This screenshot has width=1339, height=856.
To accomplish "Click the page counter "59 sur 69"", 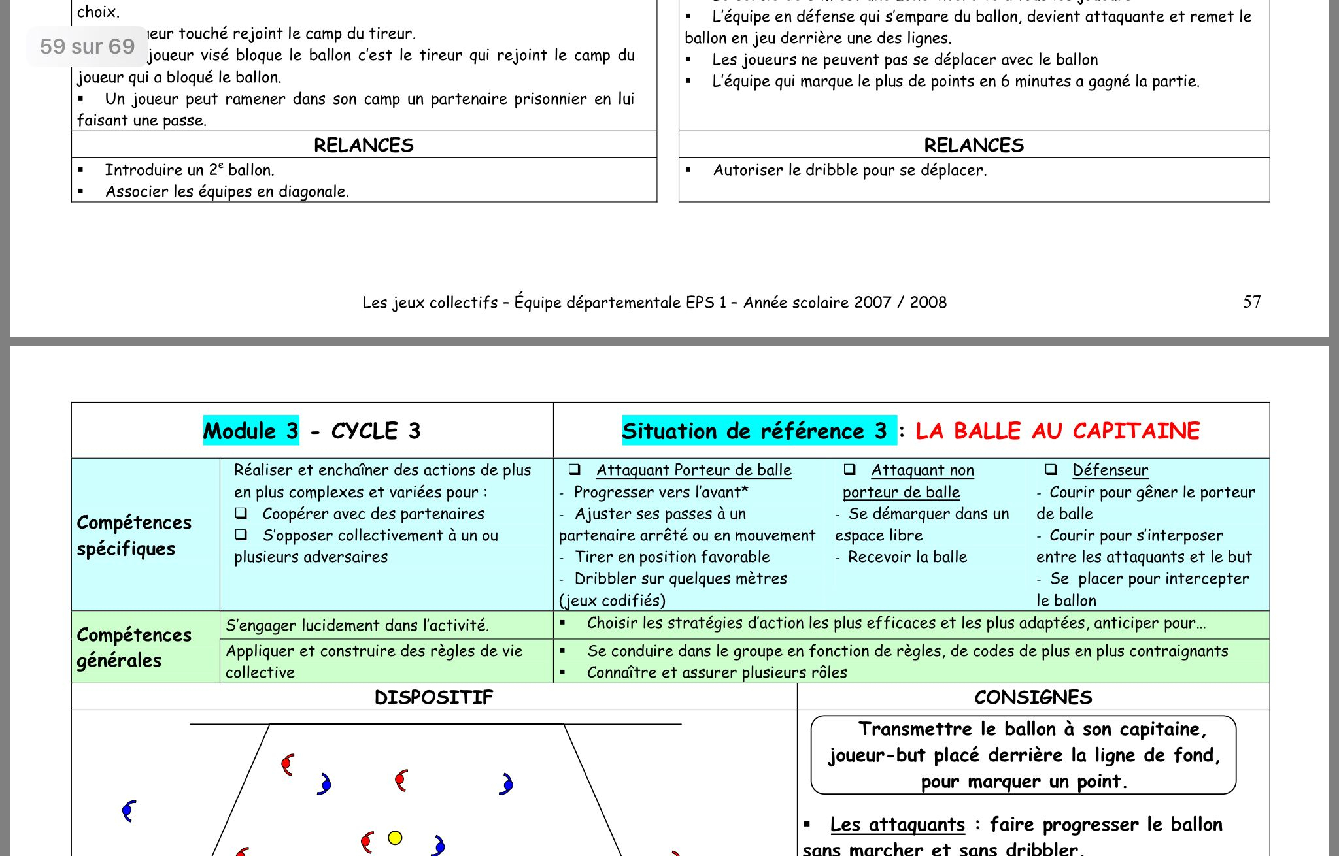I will click(87, 46).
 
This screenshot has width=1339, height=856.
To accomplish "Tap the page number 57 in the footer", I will click(1251, 302).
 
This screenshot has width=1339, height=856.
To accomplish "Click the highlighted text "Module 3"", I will click(251, 431).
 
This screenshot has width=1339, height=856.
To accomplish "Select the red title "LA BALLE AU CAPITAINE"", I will click(1057, 431).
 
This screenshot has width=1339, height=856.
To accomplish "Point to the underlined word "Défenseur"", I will click(1110, 470).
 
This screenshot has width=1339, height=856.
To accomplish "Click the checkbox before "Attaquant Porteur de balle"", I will click(575, 469).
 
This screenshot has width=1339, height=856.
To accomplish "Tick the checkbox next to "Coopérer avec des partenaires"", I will click(241, 513).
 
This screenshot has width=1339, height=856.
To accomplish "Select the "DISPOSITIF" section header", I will click(433, 697).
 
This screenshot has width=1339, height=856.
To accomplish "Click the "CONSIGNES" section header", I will click(1033, 697).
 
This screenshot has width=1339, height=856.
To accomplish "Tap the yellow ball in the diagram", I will click(395, 838).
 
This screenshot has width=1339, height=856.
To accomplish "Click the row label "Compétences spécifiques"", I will click(134, 535).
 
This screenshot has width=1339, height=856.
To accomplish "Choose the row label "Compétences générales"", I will click(134, 647).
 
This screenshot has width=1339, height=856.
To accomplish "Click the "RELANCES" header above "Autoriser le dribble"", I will click(974, 145).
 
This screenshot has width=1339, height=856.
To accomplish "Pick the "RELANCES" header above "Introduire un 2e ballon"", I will click(364, 145).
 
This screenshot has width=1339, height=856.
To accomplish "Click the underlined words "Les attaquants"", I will click(897, 825).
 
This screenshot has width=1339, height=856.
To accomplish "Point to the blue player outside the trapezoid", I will click(129, 811).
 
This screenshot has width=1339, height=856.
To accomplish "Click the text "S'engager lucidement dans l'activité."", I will click(357, 625).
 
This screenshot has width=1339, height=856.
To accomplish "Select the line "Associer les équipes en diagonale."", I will click(227, 191).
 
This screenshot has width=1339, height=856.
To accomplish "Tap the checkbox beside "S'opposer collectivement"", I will click(241, 535).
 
